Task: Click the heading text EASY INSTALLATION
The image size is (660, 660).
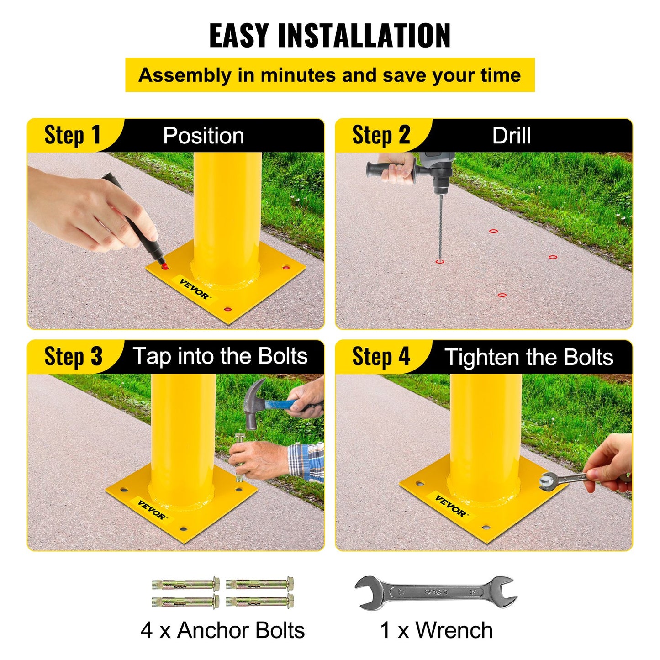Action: (330, 35)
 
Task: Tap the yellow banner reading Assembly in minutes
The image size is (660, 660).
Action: (330, 75)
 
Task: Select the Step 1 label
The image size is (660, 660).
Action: (72, 136)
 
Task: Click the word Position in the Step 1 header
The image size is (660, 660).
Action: (203, 136)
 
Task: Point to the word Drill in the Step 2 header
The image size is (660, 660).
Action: (511, 136)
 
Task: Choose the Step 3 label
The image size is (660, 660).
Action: (73, 357)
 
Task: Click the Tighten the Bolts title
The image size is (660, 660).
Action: (528, 357)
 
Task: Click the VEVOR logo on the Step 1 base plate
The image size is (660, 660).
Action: (194, 289)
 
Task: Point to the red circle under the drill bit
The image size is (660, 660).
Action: (439, 262)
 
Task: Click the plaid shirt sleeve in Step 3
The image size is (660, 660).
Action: (307, 461)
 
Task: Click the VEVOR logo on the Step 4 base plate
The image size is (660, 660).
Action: (451, 506)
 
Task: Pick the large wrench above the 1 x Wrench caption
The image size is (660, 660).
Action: (436, 592)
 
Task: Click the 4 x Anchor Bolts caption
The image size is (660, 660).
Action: (222, 630)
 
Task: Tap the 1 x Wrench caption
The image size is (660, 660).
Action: (436, 630)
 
